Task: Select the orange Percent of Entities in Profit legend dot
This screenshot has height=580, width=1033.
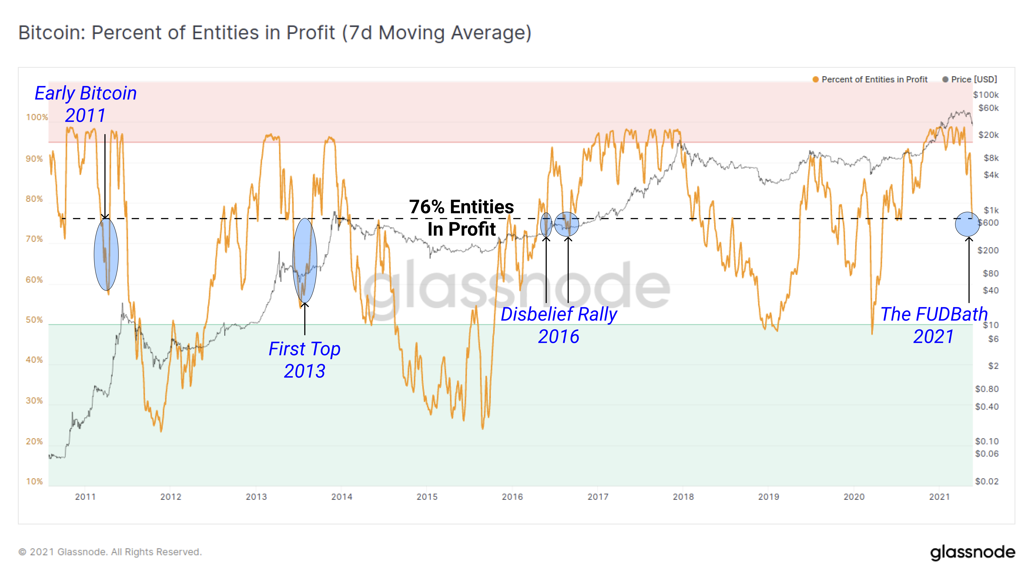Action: [815, 79]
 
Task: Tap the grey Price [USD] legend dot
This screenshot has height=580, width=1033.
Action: [945, 79]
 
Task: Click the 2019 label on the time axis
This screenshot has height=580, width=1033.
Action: [768, 497]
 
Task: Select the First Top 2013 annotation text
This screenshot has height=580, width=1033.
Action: [304, 360]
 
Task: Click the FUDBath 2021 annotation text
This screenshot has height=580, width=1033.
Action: [934, 325]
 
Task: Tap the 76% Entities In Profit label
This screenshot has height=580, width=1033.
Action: [462, 218]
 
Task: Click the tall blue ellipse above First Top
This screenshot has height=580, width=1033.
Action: [305, 261]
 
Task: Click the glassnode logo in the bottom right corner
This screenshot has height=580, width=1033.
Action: [973, 552]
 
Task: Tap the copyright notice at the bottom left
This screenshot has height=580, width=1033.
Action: [110, 552]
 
